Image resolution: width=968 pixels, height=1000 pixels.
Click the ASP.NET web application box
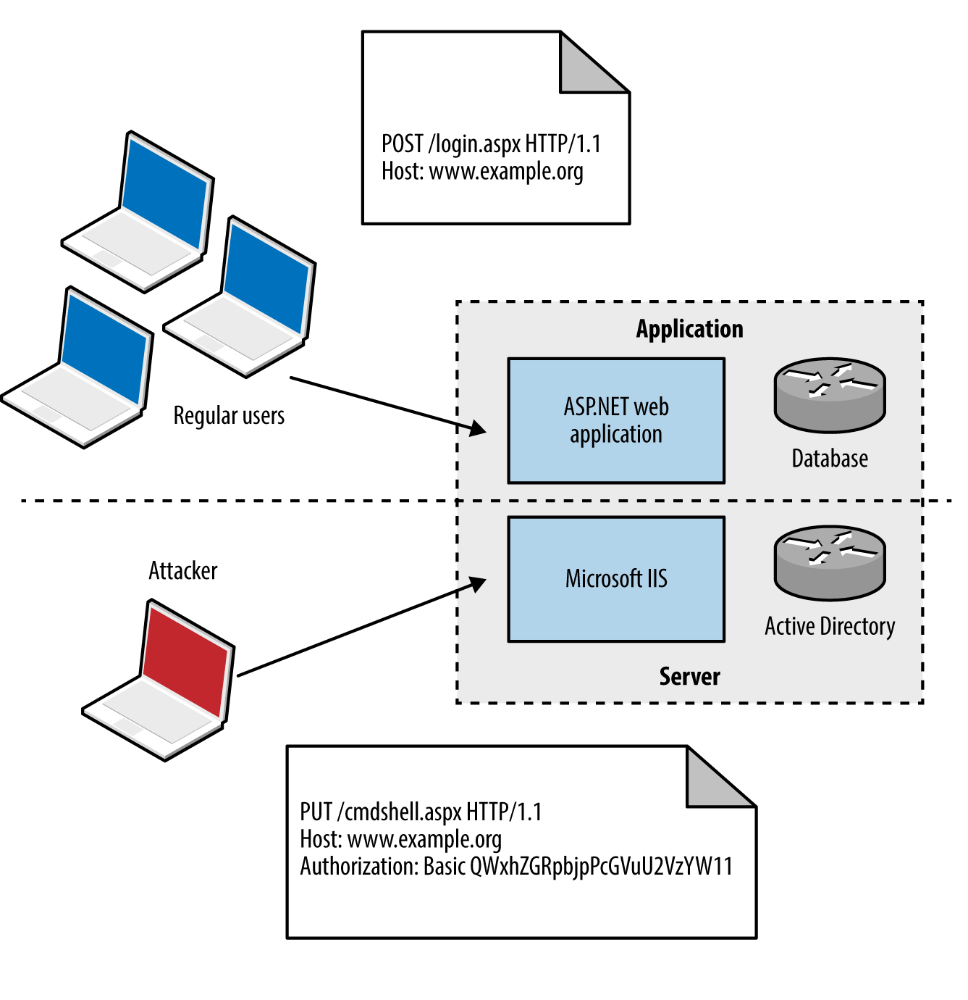tap(616, 420)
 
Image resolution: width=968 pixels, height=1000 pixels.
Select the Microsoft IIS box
tap(616, 579)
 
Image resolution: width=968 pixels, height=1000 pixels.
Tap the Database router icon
tap(830, 395)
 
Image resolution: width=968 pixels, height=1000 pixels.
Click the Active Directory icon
tap(830, 563)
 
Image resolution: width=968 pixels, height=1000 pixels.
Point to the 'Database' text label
tap(830, 459)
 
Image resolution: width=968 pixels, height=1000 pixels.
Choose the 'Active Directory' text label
tap(830, 626)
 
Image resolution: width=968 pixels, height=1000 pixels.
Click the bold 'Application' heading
tap(689, 329)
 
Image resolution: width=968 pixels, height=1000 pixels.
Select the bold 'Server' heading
tap(689, 676)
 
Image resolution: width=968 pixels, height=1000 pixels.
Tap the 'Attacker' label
tap(182, 571)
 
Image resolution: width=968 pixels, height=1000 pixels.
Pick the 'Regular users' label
tap(229, 416)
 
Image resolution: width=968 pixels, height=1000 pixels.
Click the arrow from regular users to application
tap(384, 404)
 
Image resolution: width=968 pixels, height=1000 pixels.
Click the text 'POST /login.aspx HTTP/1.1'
tap(491, 144)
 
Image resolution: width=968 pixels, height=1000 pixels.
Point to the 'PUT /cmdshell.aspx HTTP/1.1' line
tap(421, 812)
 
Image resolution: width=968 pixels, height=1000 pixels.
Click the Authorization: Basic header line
tap(516, 867)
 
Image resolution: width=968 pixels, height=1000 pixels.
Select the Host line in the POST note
tap(482, 172)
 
